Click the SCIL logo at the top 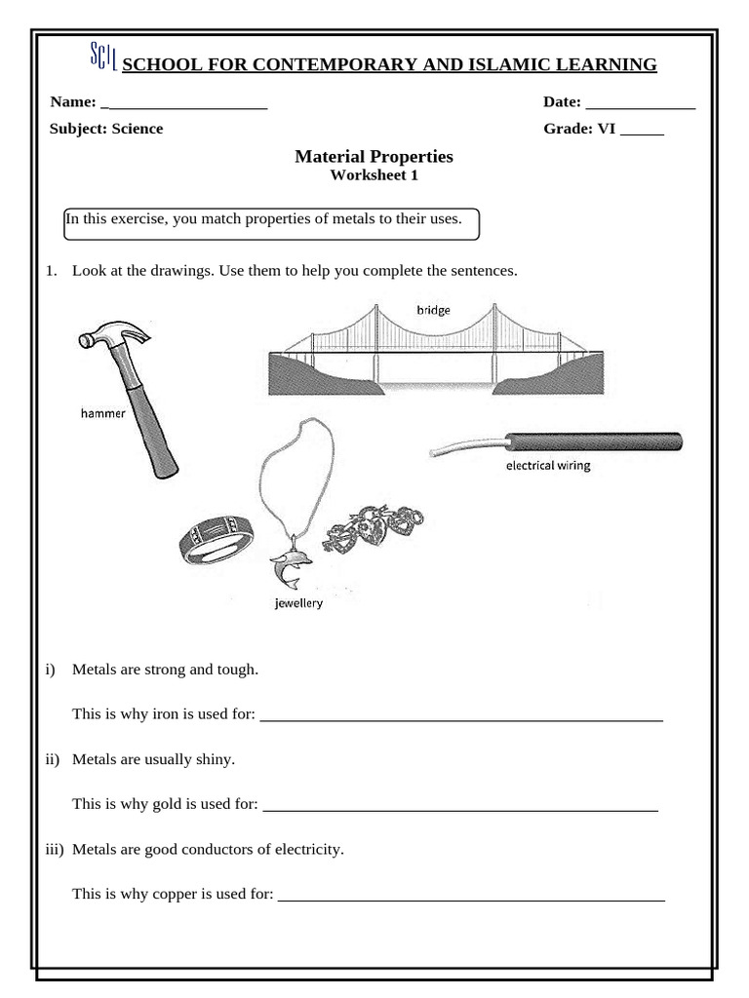click(103, 58)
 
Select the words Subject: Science click(106, 129)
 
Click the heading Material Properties click(374, 157)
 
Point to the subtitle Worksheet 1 click(374, 175)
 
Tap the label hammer click(102, 413)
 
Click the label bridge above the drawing click(433, 310)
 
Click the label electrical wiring click(547, 466)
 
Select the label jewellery click(298, 603)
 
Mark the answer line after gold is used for click(460, 808)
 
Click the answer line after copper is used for click(471, 898)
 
